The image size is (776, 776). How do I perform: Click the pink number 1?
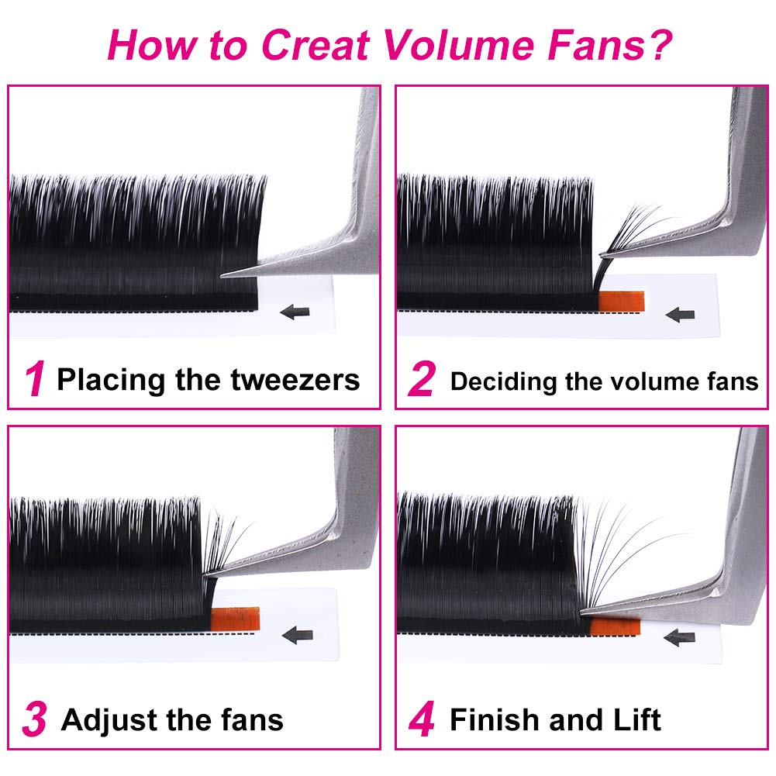[35, 381]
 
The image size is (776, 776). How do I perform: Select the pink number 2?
[422, 381]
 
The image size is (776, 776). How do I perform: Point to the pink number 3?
[35, 720]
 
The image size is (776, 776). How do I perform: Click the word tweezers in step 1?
[295, 381]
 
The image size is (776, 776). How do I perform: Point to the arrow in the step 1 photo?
[295, 312]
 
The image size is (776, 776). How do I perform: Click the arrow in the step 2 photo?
[680, 315]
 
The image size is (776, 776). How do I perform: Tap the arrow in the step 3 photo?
[297, 636]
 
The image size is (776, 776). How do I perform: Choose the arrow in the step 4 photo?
[680, 638]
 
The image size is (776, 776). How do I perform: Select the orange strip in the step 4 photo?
[616, 625]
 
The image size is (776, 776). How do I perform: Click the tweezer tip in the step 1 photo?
[225, 274]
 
